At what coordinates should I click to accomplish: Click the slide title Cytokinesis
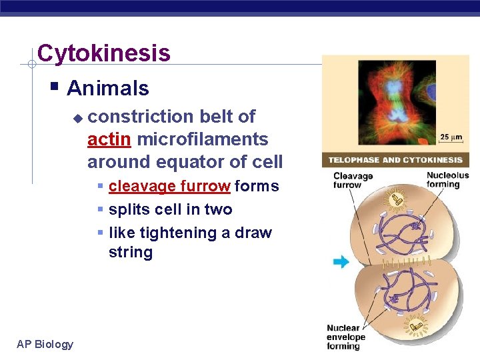point(103,53)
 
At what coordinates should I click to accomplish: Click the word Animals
point(107,88)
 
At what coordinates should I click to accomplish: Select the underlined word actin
point(111,139)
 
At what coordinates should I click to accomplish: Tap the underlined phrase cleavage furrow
point(169,186)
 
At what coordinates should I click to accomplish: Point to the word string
point(131,253)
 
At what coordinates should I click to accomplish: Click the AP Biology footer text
point(45,344)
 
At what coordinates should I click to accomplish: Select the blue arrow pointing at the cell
point(341,262)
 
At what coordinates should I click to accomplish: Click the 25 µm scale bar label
point(451,137)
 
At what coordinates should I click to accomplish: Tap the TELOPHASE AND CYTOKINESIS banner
point(395,160)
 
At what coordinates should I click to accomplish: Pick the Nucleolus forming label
point(447,180)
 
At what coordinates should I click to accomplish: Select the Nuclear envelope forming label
point(343,337)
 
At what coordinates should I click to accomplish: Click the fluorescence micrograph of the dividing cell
point(396,104)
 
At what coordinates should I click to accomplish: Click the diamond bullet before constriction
point(77,118)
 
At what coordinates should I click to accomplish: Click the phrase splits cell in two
point(170,209)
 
